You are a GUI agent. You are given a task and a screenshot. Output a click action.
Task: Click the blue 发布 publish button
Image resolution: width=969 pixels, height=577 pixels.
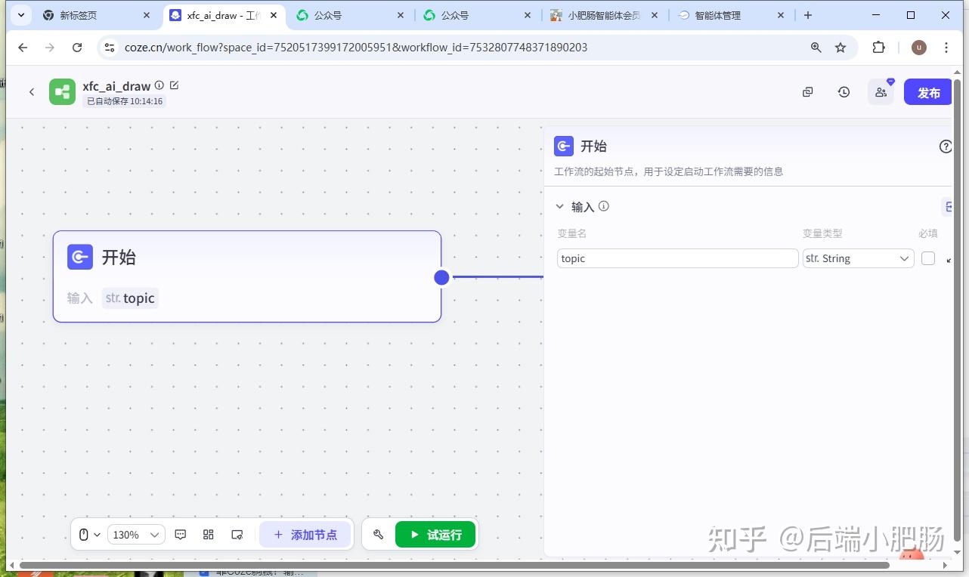(x=928, y=92)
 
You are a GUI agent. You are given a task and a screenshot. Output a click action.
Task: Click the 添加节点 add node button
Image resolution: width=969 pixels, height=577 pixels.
(x=305, y=535)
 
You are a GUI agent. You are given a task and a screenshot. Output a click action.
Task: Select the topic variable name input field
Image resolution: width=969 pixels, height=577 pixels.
(x=677, y=258)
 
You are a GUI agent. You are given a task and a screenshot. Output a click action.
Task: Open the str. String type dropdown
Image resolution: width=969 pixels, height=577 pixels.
(x=858, y=258)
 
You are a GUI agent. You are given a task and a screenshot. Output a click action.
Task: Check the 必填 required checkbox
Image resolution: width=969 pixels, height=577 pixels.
(x=928, y=258)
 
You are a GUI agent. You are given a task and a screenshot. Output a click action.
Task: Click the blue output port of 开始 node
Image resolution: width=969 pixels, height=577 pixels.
(x=442, y=277)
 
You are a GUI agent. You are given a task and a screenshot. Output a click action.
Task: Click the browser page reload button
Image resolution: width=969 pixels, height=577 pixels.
(x=77, y=48)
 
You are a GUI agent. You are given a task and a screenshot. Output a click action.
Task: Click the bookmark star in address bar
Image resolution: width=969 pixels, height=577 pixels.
(x=841, y=48)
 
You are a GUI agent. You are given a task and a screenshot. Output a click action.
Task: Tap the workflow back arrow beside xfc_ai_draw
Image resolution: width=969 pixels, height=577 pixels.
(x=32, y=92)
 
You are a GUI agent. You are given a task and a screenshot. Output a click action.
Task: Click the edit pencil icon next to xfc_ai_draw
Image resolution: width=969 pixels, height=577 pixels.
(x=175, y=85)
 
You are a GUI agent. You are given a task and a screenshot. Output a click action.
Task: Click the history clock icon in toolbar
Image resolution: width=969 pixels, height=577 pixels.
(x=844, y=92)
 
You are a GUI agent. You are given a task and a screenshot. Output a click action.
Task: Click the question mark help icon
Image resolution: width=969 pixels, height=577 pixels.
(x=946, y=147)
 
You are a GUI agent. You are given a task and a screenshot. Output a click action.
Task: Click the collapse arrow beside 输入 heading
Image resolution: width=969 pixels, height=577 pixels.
(x=560, y=206)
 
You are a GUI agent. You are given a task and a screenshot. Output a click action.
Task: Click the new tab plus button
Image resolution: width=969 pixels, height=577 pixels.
(x=808, y=15)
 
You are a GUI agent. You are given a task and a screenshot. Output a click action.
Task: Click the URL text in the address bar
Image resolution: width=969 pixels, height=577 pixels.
(x=355, y=48)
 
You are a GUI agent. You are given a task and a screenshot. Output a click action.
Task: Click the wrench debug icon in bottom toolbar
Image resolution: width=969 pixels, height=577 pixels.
(x=379, y=535)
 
